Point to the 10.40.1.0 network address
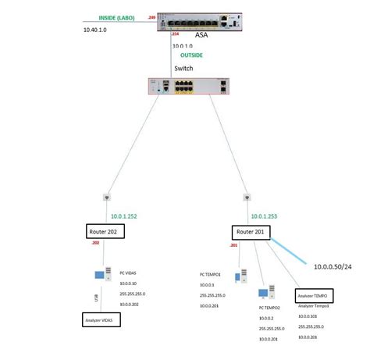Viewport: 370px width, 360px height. click(96, 30)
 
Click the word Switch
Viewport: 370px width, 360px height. click(183, 69)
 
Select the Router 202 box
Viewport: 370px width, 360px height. click(105, 231)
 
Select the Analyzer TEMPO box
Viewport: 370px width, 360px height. click(315, 297)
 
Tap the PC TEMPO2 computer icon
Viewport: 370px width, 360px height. click(265, 294)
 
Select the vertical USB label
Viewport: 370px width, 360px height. click(95, 298)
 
